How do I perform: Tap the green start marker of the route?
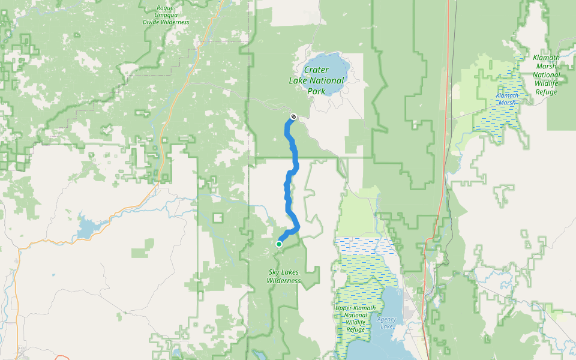coord(279,244)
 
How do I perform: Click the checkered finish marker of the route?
coord(293,116)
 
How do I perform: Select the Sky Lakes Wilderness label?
coord(284,276)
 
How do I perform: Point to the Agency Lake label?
coord(386,323)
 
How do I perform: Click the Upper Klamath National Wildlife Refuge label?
coord(355,319)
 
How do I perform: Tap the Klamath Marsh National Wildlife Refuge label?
coord(546,75)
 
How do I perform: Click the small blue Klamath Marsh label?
coord(506,99)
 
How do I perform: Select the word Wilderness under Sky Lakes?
coord(284,280)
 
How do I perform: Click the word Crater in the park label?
coord(317,70)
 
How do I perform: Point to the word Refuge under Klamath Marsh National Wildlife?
coord(546,92)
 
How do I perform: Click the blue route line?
coord(294,156)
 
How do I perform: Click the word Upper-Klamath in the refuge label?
coord(355,308)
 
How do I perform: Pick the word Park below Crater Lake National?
coord(316,91)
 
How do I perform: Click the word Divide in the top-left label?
coord(152,22)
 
